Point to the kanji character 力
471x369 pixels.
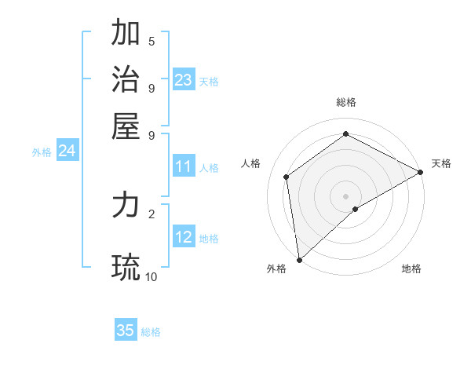pyautogui.click(x=126, y=206)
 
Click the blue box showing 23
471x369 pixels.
pyautogui.click(x=184, y=80)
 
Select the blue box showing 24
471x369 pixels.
pyautogui.click(x=67, y=151)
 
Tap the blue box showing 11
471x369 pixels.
pyautogui.click(x=184, y=166)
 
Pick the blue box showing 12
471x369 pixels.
pyautogui.click(x=184, y=238)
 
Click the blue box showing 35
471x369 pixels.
pyautogui.click(x=126, y=331)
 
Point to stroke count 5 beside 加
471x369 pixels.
pyautogui.click(x=152, y=42)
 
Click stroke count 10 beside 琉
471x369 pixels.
pyautogui.click(x=152, y=276)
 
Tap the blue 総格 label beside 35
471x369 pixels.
pyautogui.click(x=151, y=332)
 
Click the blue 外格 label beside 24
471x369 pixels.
pyautogui.click(x=42, y=152)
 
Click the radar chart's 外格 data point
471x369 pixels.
pyautogui.click(x=299, y=260)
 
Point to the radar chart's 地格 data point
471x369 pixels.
pyautogui.click(x=356, y=209)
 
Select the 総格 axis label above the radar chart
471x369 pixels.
pyautogui.click(x=346, y=102)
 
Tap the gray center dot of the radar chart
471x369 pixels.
pyautogui.click(x=346, y=195)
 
